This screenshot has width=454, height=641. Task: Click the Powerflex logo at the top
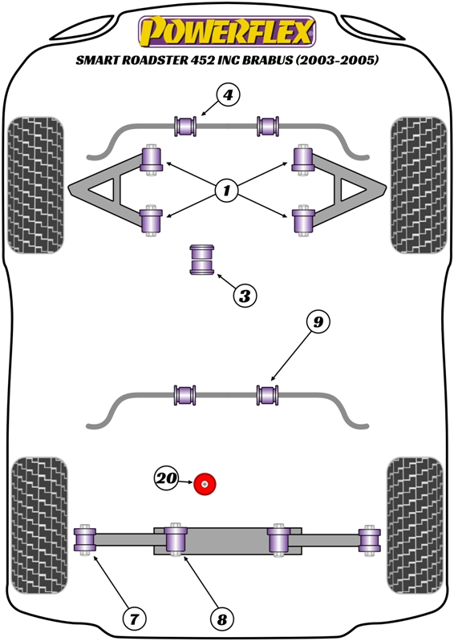(x=227, y=32)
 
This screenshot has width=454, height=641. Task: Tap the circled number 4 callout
(x=227, y=95)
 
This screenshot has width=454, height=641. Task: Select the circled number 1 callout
(x=226, y=190)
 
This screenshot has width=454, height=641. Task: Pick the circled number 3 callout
(x=245, y=295)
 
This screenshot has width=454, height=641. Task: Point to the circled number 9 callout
(x=318, y=323)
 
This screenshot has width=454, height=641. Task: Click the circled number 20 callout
(x=166, y=478)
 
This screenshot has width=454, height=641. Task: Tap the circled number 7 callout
(x=135, y=619)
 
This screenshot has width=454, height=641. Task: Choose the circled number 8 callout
(x=222, y=619)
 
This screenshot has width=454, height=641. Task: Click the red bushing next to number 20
(x=205, y=484)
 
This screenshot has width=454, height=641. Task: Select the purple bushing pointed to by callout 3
(x=202, y=260)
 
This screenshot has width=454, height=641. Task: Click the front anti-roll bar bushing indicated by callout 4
(x=185, y=126)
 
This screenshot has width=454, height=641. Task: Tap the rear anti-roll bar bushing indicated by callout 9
(x=268, y=395)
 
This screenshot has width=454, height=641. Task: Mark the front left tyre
(x=36, y=185)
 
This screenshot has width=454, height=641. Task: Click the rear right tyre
(x=415, y=526)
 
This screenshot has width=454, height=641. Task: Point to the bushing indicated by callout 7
(x=85, y=539)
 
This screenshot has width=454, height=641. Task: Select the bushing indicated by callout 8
(x=176, y=539)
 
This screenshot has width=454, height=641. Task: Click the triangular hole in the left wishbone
(x=103, y=190)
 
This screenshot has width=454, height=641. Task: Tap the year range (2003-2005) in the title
(x=337, y=60)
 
